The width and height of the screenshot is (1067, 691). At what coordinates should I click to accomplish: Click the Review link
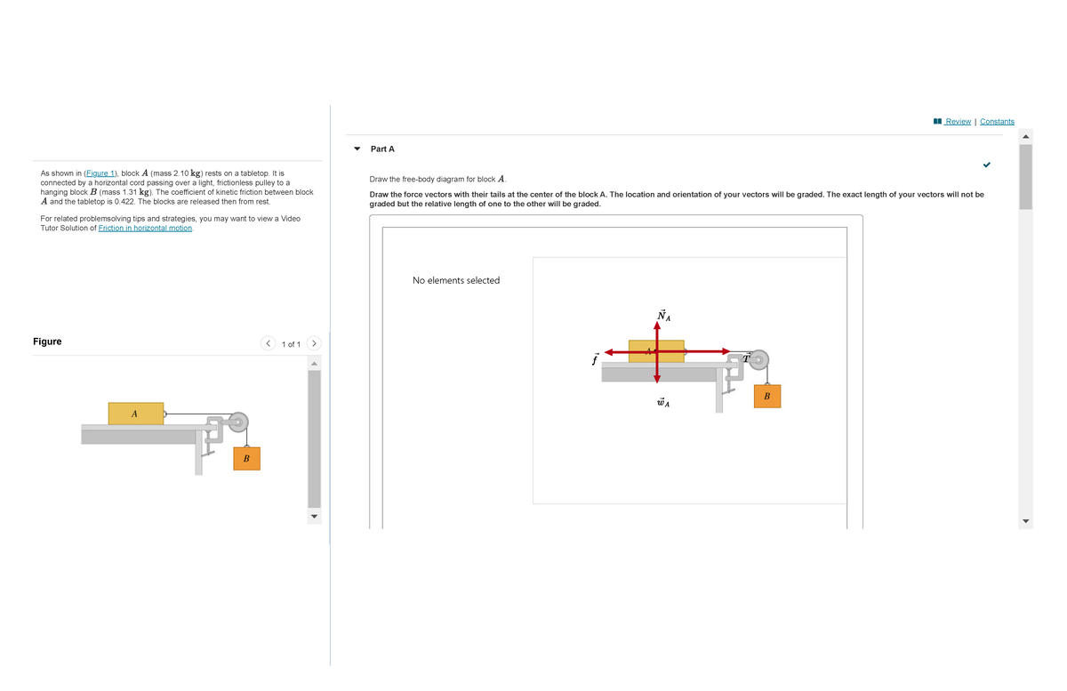click(958, 122)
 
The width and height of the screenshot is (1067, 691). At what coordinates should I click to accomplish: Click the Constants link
click(997, 122)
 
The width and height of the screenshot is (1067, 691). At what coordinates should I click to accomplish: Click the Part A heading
click(382, 149)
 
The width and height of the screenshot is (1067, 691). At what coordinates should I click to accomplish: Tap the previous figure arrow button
click(268, 343)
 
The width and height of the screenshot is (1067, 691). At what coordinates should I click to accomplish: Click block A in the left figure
click(136, 414)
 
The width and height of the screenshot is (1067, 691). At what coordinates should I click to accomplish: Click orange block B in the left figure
click(246, 459)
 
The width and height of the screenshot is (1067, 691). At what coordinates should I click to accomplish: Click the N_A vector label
click(663, 315)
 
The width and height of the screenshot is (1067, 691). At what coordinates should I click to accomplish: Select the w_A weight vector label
click(662, 403)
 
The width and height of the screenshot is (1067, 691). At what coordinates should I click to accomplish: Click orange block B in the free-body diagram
click(766, 397)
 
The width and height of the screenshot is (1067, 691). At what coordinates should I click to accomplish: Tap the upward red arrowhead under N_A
click(656, 325)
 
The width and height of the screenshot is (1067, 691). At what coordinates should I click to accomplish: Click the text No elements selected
click(456, 280)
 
